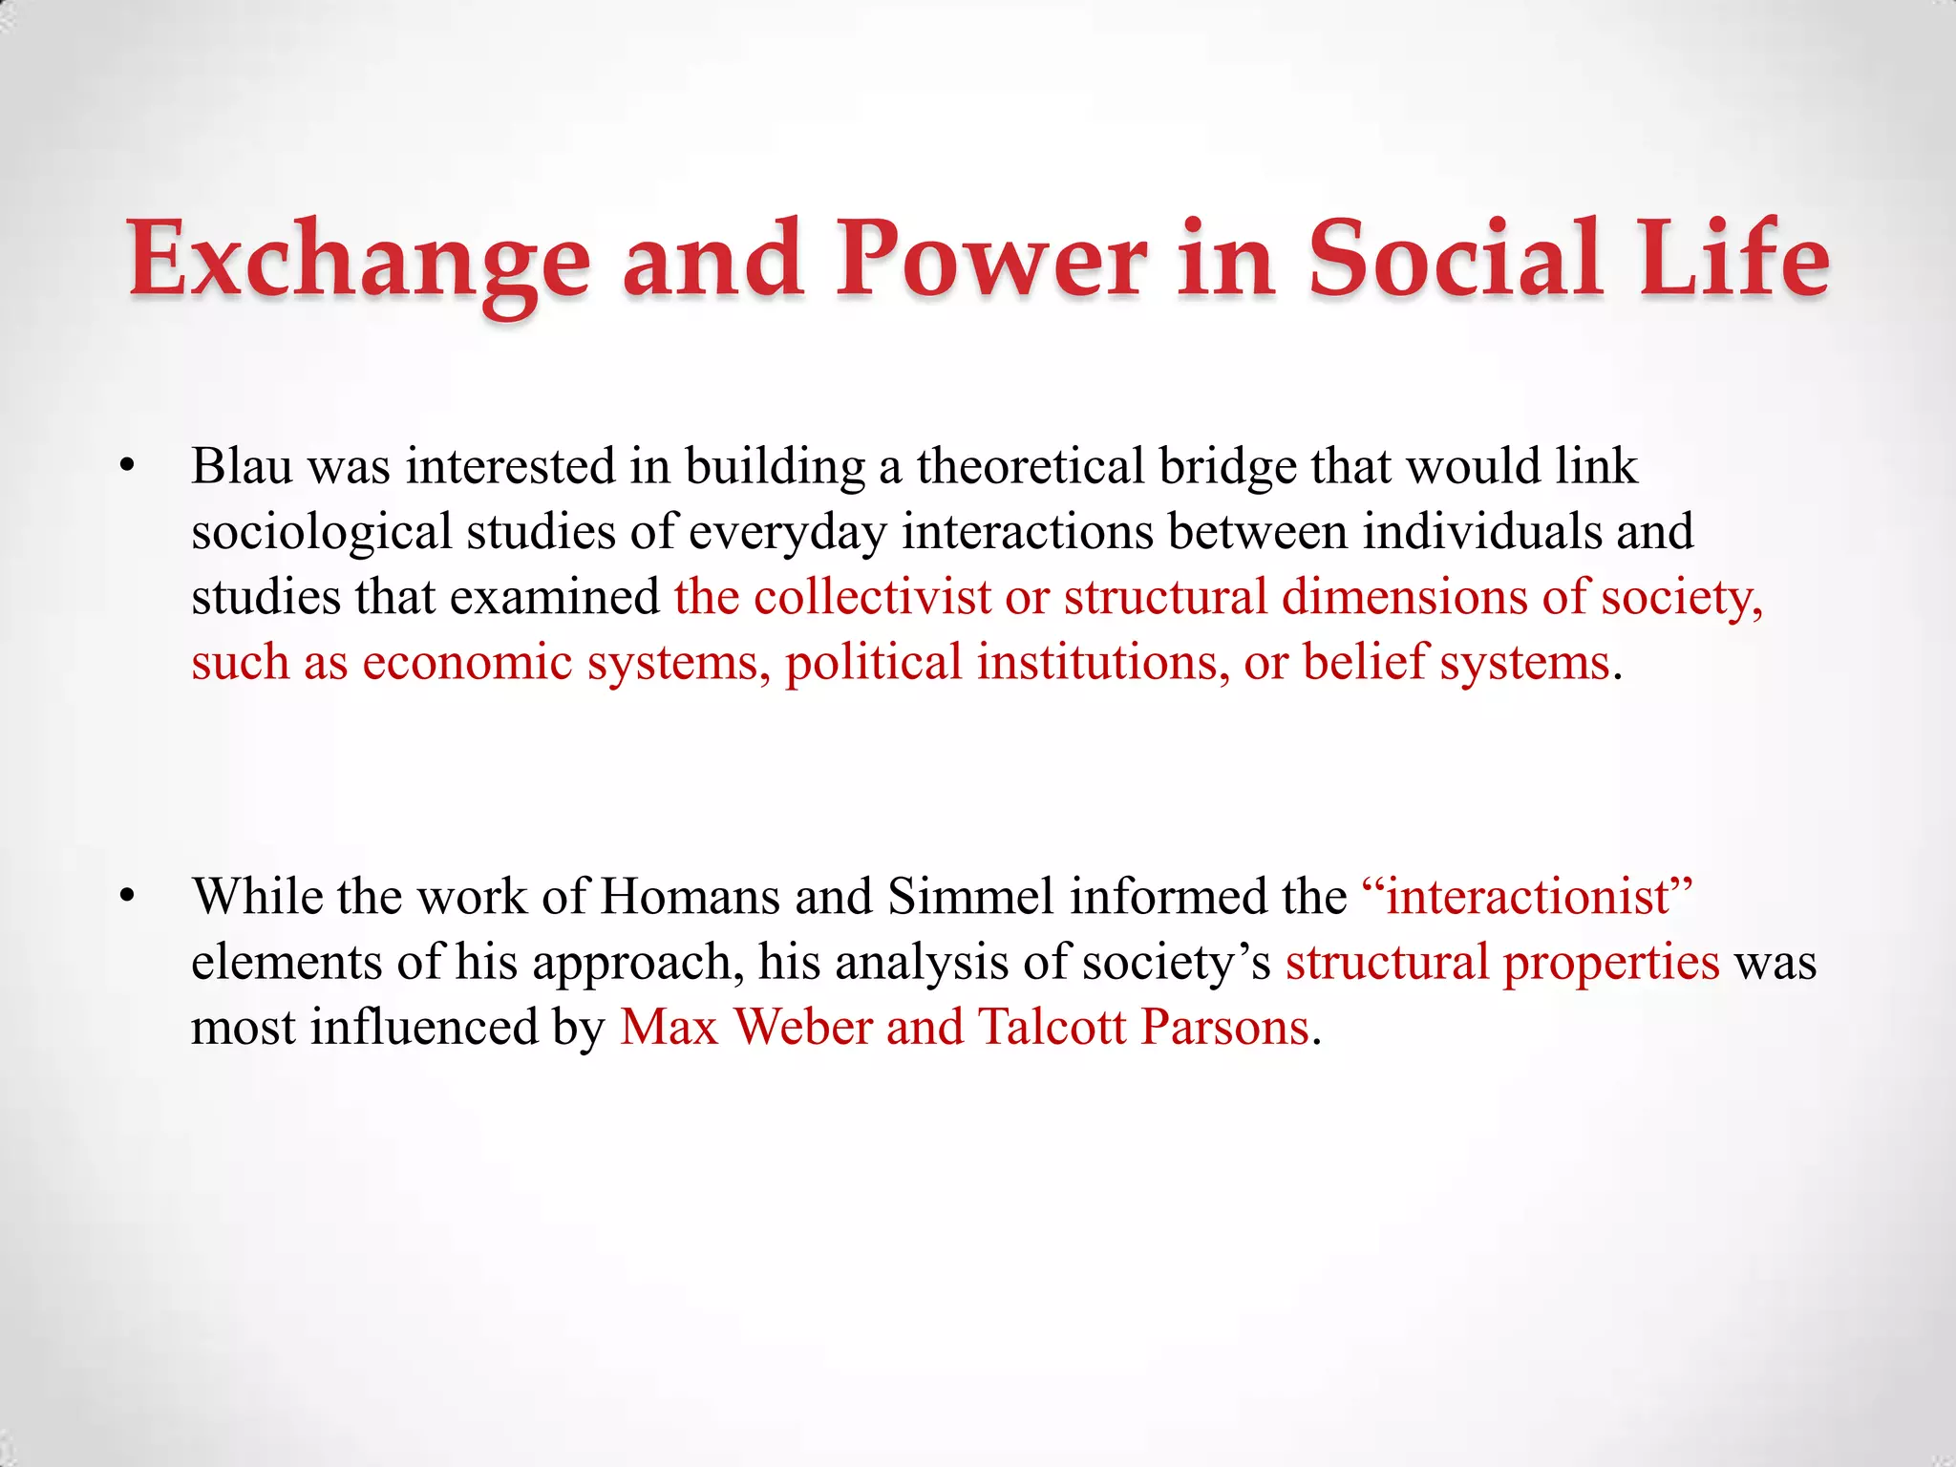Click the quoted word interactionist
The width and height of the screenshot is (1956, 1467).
click(1527, 897)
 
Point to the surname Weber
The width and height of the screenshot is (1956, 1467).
click(802, 1027)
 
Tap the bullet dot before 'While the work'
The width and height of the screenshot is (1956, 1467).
click(127, 897)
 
